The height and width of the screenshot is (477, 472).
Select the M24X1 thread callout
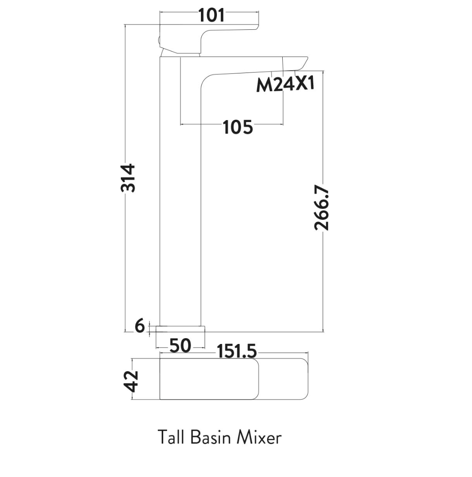(x=285, y=84)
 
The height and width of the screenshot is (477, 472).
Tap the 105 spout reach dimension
(x=238, y=127)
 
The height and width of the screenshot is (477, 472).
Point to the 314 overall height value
(x=128, y=178)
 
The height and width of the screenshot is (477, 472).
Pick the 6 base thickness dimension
(x=140, y=327)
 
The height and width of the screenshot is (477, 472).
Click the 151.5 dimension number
(x=236, y=352)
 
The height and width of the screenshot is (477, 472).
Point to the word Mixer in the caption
(x=259, y=437)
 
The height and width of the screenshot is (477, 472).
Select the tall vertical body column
(x=180, y=200)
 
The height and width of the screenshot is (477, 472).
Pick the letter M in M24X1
(x=264, y=85)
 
